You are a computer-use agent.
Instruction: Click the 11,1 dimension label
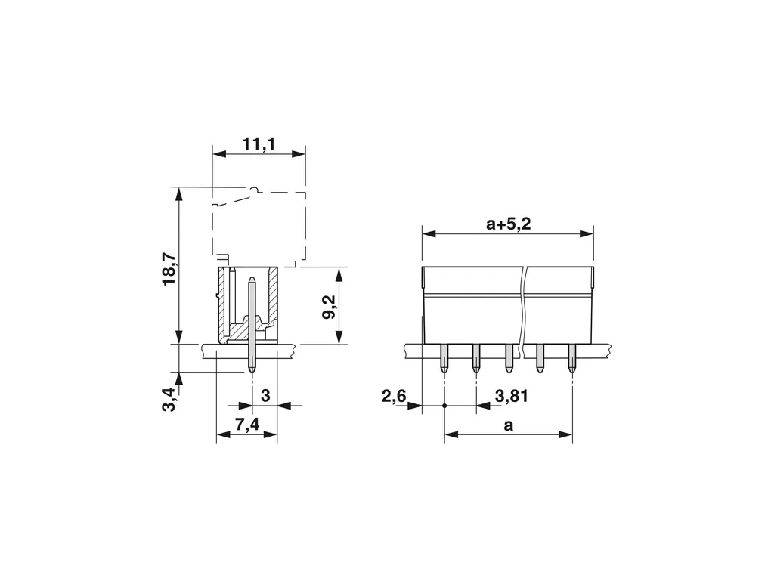[x=259, y=144]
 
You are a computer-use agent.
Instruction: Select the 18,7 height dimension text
[x=169, y=269]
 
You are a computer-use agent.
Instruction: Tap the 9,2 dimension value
[x=329, y=308]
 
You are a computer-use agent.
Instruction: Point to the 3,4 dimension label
[x=169, y=400]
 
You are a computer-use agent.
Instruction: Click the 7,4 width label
[x=247, y=424]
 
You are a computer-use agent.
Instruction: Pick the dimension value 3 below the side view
[x=265, y=395]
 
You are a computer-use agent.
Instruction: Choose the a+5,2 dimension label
[x=509, y=224]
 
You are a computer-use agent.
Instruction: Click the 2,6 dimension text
[x=395, y=396]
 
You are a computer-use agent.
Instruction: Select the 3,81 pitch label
[x=512, y=396]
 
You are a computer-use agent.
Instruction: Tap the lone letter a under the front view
[x=509, y=425]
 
